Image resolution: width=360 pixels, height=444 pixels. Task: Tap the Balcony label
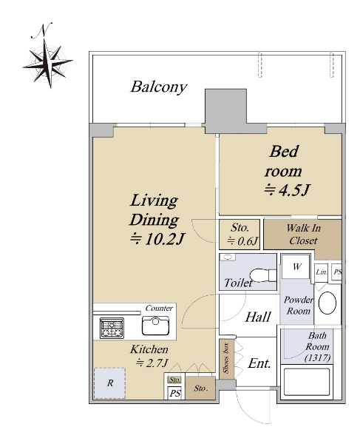[x=159, y=87]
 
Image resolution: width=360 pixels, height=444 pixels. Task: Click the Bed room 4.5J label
[x=286, y=171]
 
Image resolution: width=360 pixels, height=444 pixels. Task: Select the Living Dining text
[x=154, y=210]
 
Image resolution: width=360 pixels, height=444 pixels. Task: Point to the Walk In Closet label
[x=303, y=235]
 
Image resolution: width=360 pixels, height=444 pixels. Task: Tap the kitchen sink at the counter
[x=155, y=326]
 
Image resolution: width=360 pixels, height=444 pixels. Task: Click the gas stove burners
[x=112, y=328]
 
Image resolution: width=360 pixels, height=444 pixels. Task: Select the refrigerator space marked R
[x=109, y=383]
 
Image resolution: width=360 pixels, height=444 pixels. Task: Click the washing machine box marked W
[x=296, y=266]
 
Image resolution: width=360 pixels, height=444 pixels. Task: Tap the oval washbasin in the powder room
[x=327, y=303]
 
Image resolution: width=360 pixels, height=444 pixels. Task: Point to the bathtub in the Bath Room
[x=307, y=382]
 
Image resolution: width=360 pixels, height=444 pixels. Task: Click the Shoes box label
[x=226, y=358]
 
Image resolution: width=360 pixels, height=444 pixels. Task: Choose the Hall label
[x=258, y=317]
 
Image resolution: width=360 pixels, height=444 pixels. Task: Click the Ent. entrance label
[x=259, y=363]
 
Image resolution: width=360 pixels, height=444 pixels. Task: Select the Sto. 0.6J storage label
[x=241, y=234]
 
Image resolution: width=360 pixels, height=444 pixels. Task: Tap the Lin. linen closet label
[x=322, y=272]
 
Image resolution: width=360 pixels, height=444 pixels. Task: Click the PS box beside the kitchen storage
[x=174, y=393]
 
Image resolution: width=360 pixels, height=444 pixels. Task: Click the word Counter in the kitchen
[x=159, y=308]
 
